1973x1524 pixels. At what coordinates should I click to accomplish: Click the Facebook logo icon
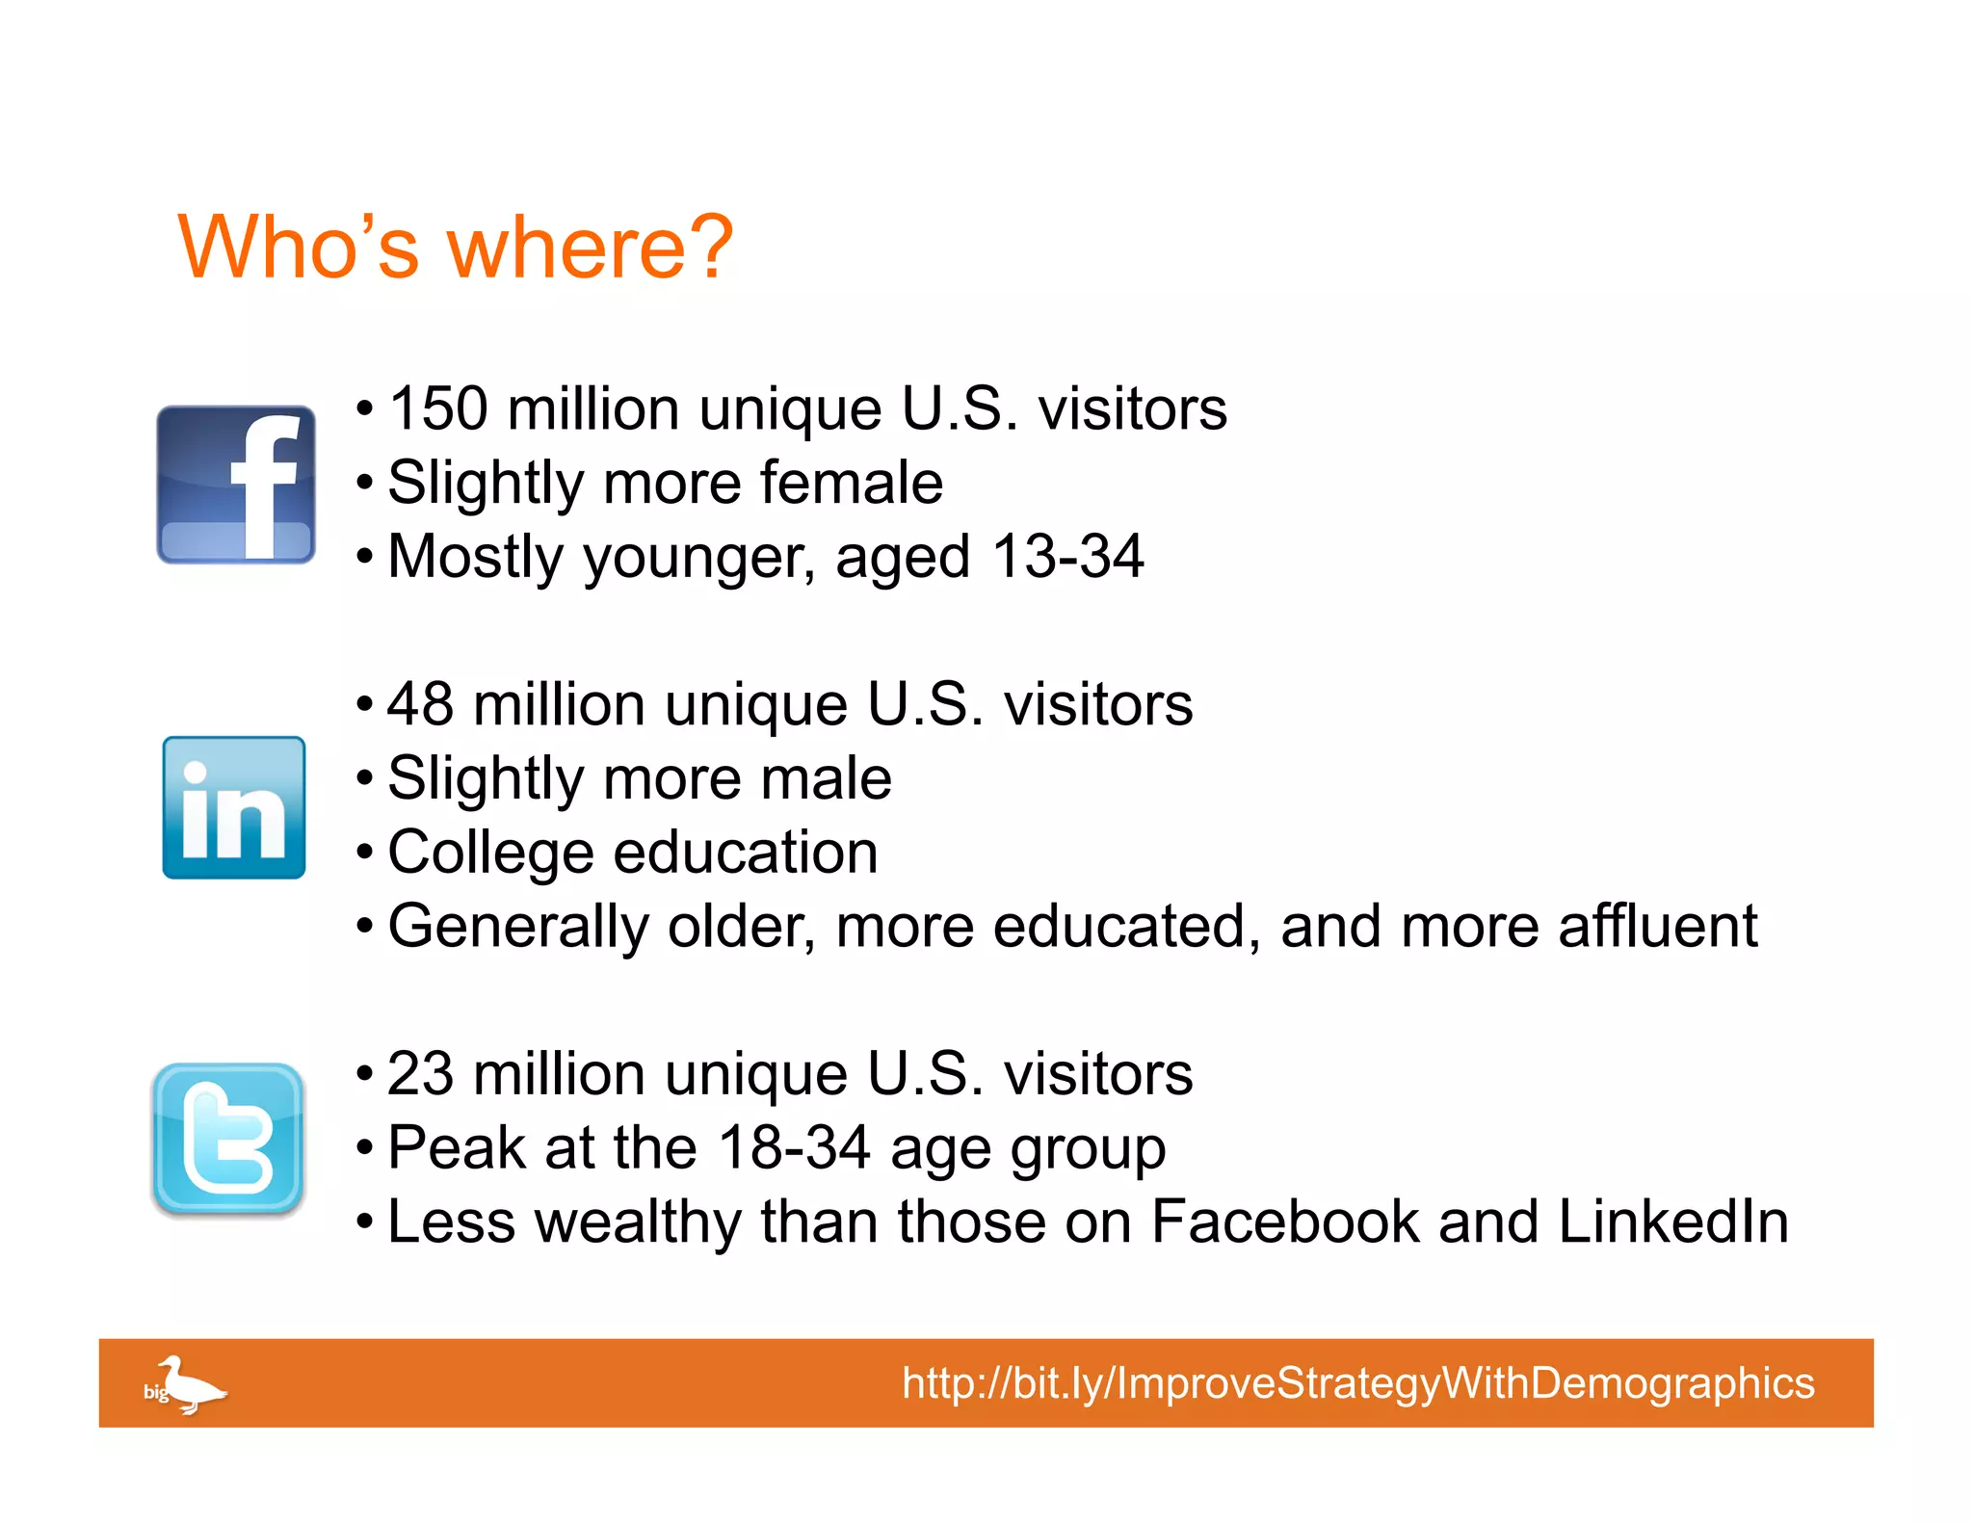pos(236,485)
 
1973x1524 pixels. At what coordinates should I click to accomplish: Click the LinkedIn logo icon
pos(234,807)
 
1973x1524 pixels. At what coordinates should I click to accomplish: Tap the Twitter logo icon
pos(228,1140)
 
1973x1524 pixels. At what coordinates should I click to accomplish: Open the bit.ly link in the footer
pos(1357,1383)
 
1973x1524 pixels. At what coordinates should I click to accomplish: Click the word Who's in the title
pos(300,248)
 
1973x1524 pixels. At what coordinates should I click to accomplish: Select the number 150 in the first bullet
pos(438,408)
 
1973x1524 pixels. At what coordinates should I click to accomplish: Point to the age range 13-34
pos(1067,557)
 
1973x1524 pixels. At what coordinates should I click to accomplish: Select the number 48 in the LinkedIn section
pos(421,704)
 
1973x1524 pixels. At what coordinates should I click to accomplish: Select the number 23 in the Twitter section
pos(421,1074)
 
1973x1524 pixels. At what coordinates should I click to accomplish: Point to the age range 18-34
pos(795,1148)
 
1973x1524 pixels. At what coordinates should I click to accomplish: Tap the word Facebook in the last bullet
pos(1285,1222)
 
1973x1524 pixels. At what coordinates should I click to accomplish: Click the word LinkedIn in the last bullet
pos(1672,1222)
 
